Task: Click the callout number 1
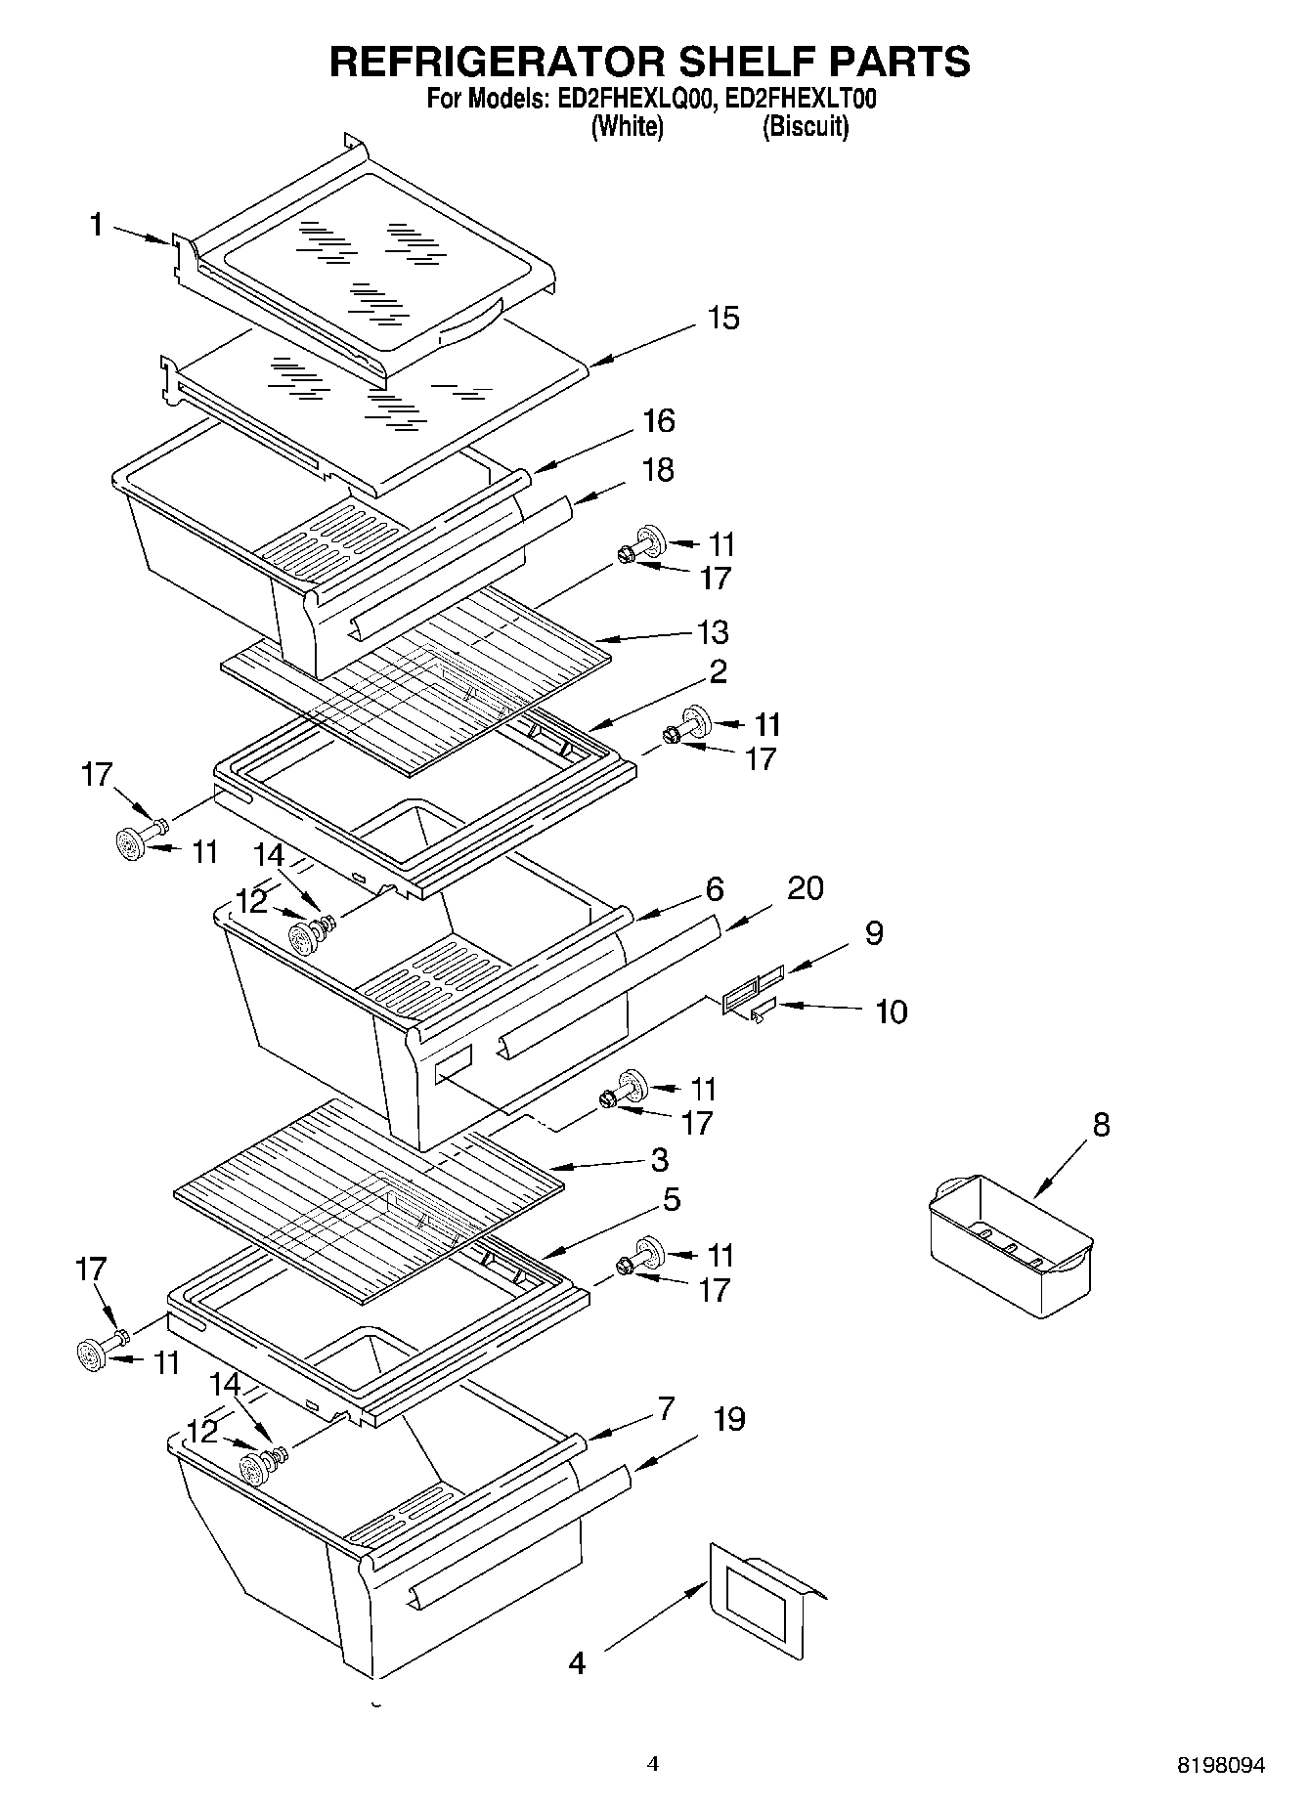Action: (x=96, y=226)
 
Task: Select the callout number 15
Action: (x=723, y=319)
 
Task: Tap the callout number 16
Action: (x=659, y=421)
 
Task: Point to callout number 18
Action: (x=659, y=470)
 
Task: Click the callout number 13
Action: (x=713, y=632)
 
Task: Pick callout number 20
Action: (x=806, y=888)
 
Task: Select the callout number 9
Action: (x=874, y=933)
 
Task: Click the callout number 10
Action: (x=891, y=1011)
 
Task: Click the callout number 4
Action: (x=578, y=1662)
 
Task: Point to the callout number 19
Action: (x=728, y=1419)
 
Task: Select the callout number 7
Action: (x=665, y=1408)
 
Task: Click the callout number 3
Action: (x=660, y=1160)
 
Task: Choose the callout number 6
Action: (x=715, y=889)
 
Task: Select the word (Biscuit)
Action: (x=806, y=127)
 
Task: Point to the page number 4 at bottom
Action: (x=653, y=1764)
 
